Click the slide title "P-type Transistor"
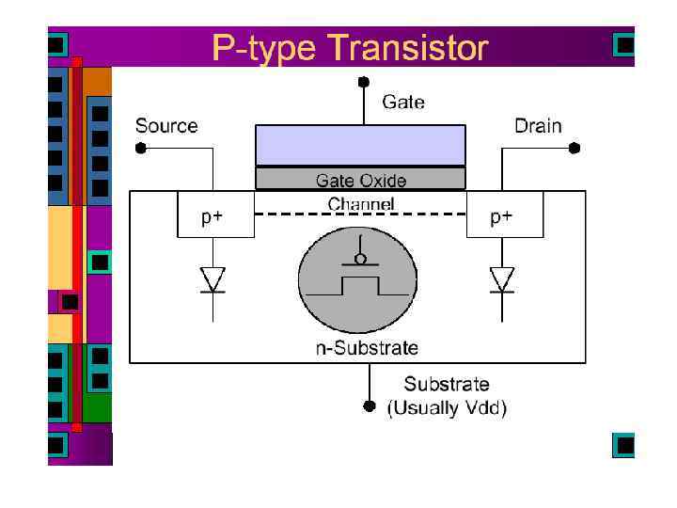pos(350,48)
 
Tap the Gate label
pos(402,102)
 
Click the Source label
pos(166,126)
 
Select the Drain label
pos(538,126)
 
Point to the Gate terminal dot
pos(362,81)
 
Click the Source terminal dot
pos(140,148)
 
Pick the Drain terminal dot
pos(575,148)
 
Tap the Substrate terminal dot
pos(369,407)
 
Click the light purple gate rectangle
pos(360,145)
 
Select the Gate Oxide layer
pos(360,179)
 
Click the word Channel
pos(361,203)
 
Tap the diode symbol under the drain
pos(502,279)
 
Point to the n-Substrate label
pos(366,348)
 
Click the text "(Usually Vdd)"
pos(448,408)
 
